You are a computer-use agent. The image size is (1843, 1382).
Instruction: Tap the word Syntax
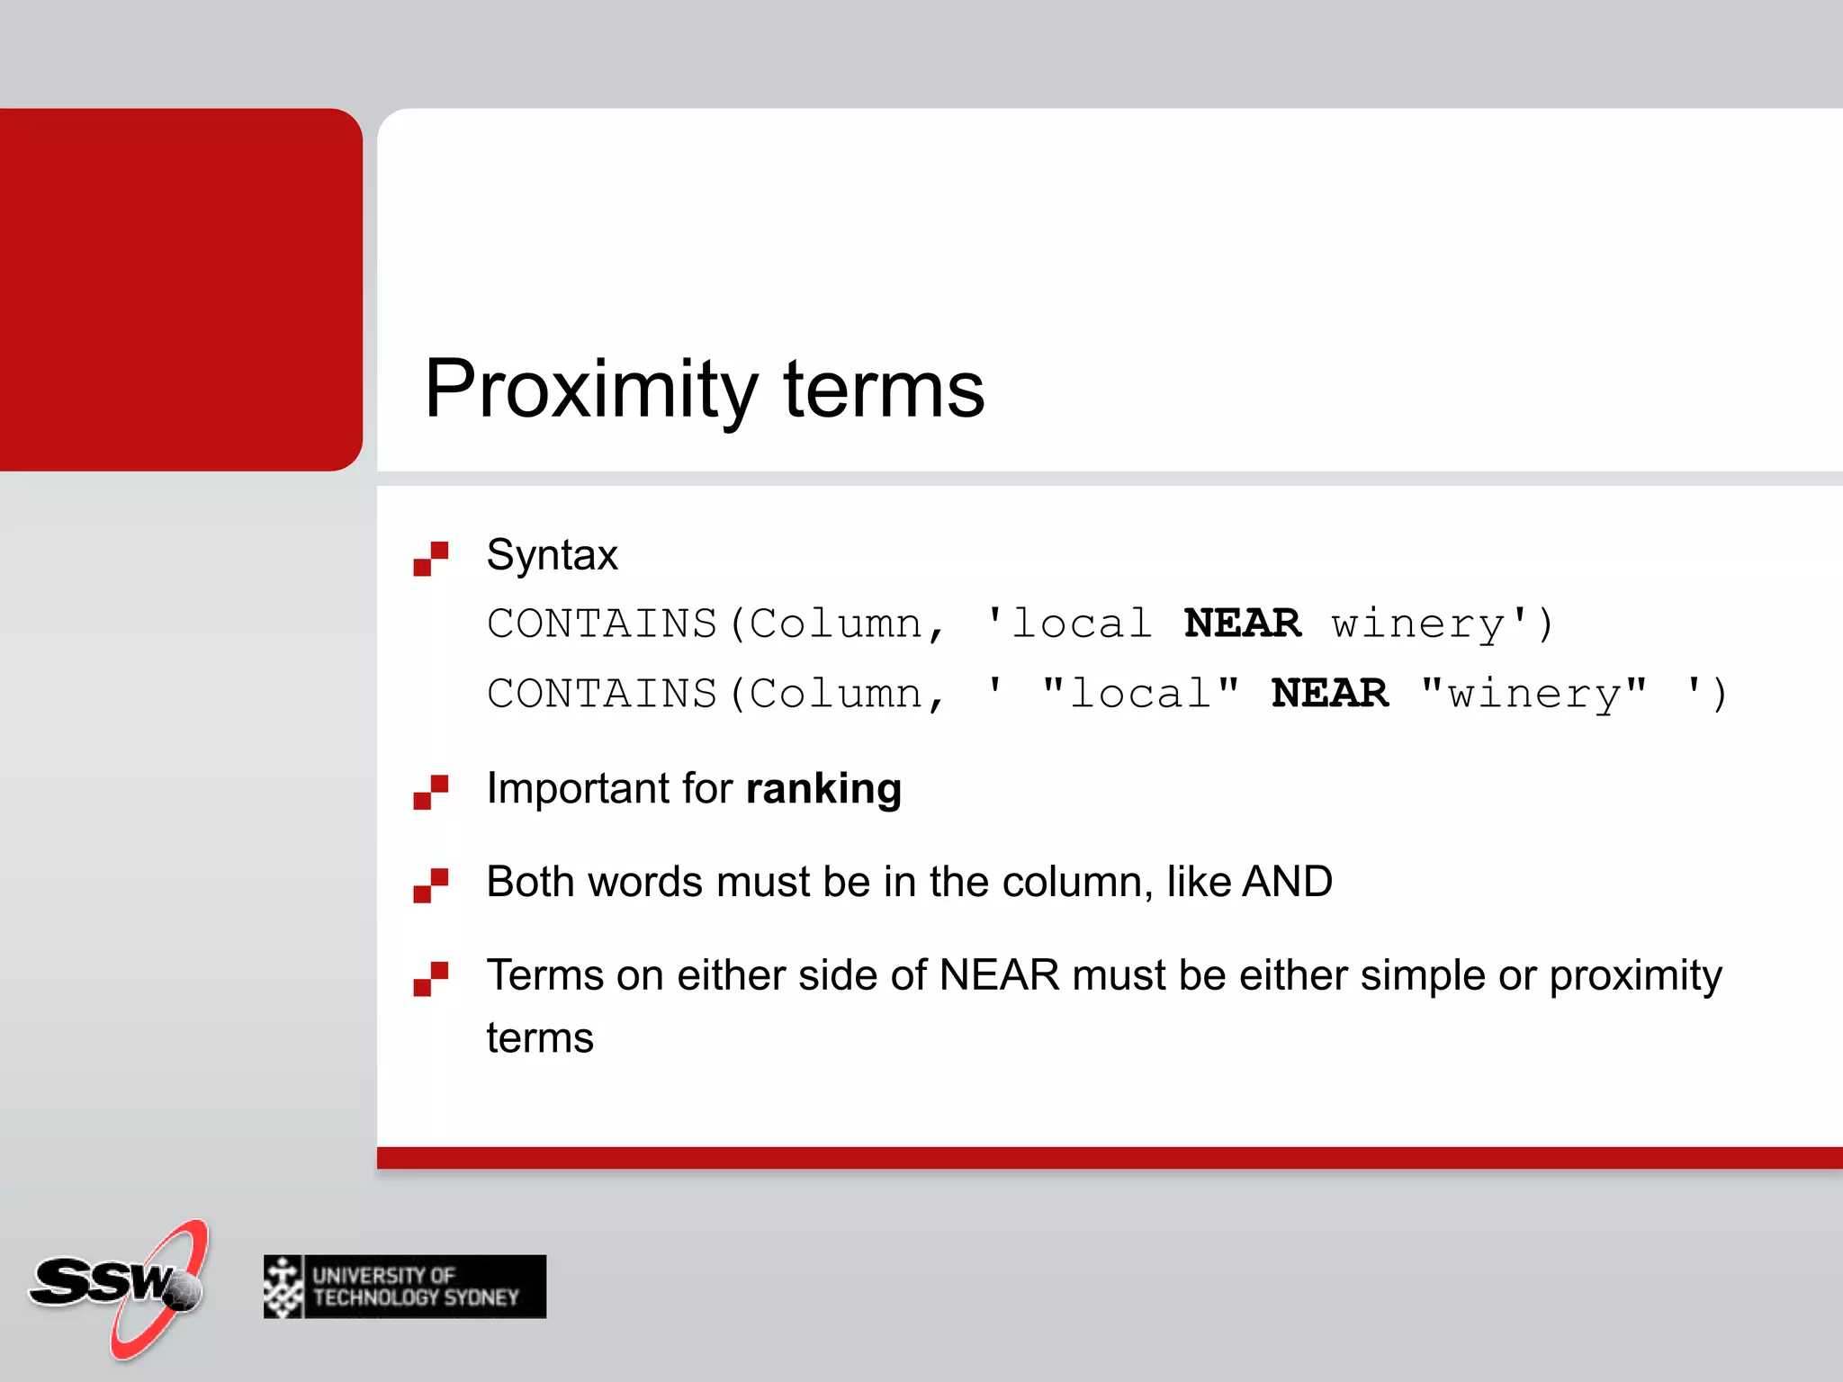(x=552, y=555)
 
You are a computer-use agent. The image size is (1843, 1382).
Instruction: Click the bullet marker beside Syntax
(x=430, y=559)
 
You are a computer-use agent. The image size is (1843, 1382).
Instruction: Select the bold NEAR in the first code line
(x=1242, y=624)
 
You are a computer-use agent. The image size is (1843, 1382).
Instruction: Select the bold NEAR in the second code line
(x=1329, y=694)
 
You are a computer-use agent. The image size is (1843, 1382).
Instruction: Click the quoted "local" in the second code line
(x=1140, y=694)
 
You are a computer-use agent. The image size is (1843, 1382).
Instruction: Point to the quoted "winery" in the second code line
(x=1533, y=694)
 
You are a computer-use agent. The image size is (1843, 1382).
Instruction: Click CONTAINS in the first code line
(x=601, y=624)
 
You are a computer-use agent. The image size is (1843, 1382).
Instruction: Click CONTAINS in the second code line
(x=601, y=694)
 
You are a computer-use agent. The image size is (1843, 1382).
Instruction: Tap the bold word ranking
(x=823, y=789)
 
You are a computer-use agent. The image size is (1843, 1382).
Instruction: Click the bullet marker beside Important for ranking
(x=430, y=793)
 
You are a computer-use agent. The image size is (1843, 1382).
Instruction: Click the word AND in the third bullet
(x=1287, y=882)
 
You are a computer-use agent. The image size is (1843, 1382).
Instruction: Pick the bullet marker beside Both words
(x=430, y=885)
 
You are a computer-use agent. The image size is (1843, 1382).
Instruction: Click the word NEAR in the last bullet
(x=999, y=975)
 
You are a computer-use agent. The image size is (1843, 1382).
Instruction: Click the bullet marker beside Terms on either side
(x=430, y=979)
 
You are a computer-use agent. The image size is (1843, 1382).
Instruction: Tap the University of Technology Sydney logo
(x=405, y=1287)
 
